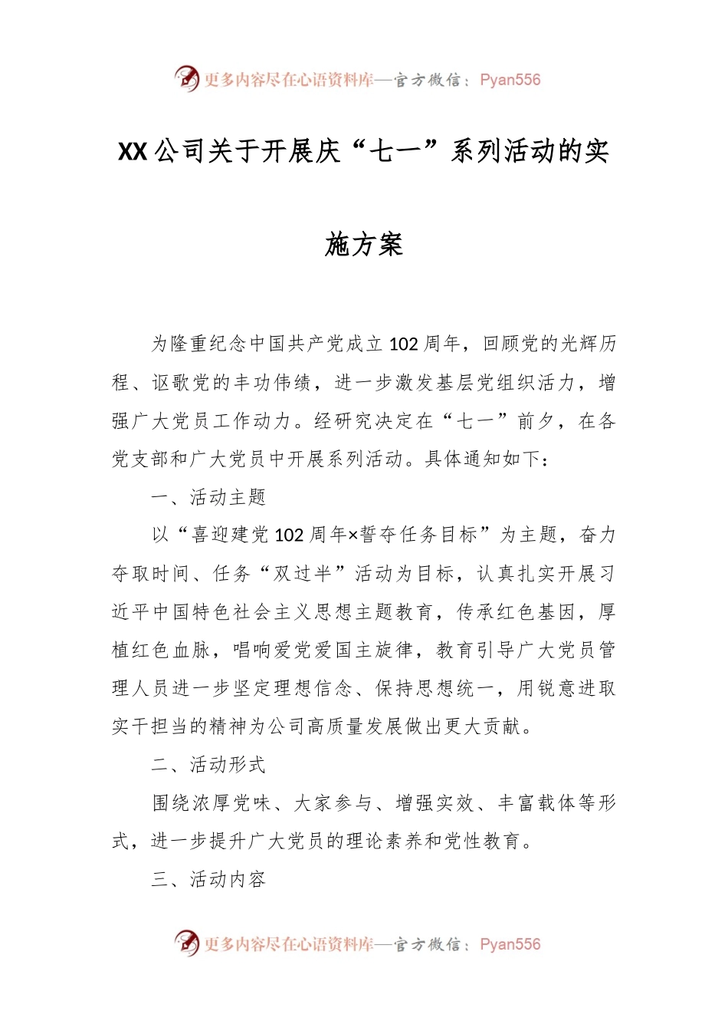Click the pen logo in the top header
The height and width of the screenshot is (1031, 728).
tap(186, 78)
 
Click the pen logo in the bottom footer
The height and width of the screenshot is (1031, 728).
tap(186, 943)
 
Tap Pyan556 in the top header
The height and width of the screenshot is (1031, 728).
tap(510, 80)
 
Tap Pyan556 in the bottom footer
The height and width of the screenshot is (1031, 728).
tap(510, 944)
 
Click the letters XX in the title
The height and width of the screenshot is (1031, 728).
tap(133, 152)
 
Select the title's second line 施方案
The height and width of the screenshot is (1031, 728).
tap(364, 245)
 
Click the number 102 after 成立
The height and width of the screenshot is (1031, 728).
tap(403, 344)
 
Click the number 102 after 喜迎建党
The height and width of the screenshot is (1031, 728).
tap(289, 535)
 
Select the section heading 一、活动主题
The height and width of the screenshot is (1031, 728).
tap(208, 497)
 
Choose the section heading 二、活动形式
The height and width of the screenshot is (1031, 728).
tap(208, 765)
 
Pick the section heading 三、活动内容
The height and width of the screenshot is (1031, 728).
tap(208, 879)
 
